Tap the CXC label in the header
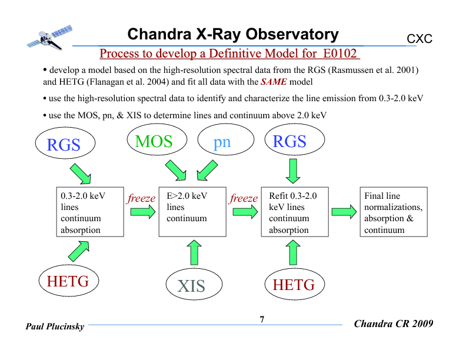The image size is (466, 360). click(x=420, y=39)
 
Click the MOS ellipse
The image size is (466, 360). click(x=154, y=142)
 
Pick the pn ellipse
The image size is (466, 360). click(x=222, y=142)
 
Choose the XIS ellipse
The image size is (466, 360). click(x=191, y=286)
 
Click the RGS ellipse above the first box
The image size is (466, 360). click(x=64, y=144)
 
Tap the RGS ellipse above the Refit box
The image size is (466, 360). click(x=290, y=142)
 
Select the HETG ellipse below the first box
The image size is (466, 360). click(x=68, y=282)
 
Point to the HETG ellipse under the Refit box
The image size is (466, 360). click(x=294, y=285)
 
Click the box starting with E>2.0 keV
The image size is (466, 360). click(x=192, y=212)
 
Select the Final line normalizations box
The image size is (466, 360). click(x=393, y=212)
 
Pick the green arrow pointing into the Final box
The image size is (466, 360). click(x=344, y=211)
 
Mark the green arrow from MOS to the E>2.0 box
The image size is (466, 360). click(x=175, y=171)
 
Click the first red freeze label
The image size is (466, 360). click(x=141, y=198)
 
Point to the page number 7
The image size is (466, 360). click(x=262, y=319)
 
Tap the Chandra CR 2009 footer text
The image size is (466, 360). click(x=394, y=324)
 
